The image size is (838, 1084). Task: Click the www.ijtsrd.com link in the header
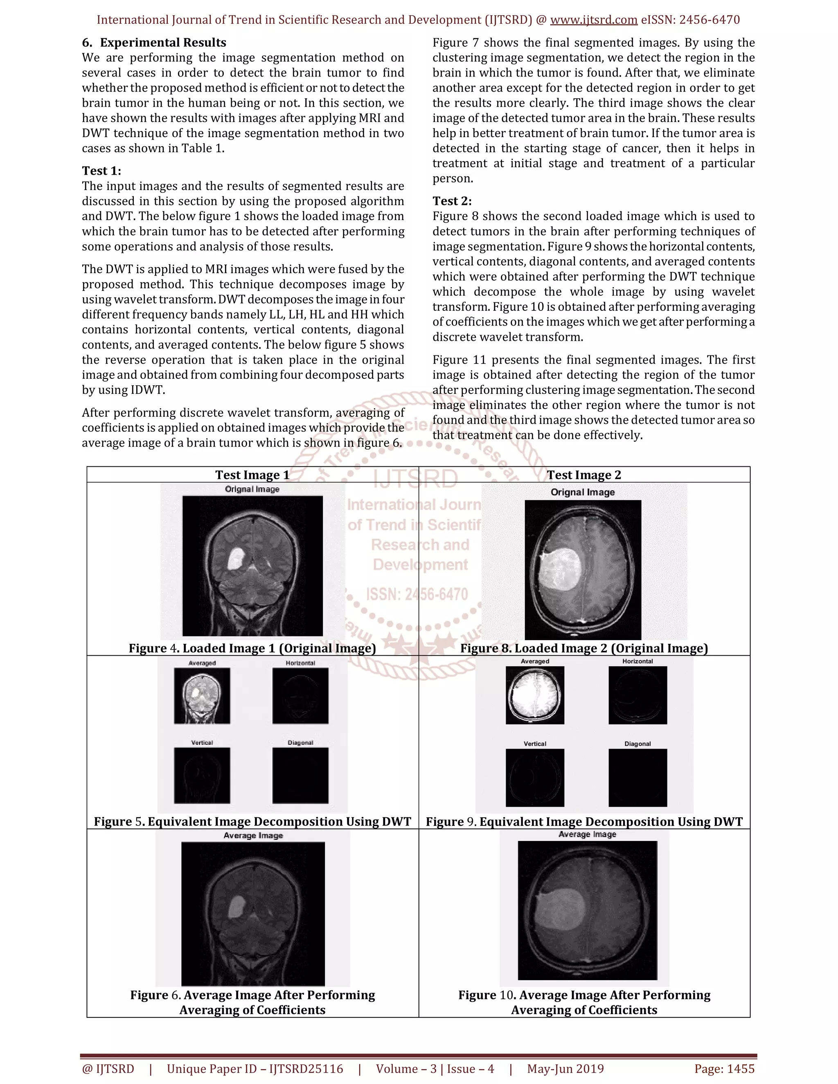tap(593, 20)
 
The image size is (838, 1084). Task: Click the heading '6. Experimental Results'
tap(154, 43)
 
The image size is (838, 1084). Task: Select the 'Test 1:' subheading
tap(101, 171)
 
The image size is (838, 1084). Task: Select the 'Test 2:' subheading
tap(452, 201)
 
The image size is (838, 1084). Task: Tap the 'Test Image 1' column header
tap(252, 475)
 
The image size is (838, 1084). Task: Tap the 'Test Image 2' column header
tap(584, 475)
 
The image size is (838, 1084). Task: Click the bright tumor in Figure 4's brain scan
tap(235, 558)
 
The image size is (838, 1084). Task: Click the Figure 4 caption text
tap(252, 648)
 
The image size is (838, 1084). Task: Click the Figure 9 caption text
tap(584, 821)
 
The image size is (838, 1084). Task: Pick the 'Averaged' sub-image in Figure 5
tap(202, 695)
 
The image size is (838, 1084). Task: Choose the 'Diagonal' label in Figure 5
tap(300, 742)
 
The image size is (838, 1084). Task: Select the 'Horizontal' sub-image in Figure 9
tap(638, 695)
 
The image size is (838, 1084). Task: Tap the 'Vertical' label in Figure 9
tap(535, 744)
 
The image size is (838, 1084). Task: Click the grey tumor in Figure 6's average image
tap(237, 906)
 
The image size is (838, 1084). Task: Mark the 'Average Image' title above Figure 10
tap(587, 834)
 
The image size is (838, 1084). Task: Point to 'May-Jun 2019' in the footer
tap(565, 1068)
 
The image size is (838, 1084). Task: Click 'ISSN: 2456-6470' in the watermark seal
tap(417, 594)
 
